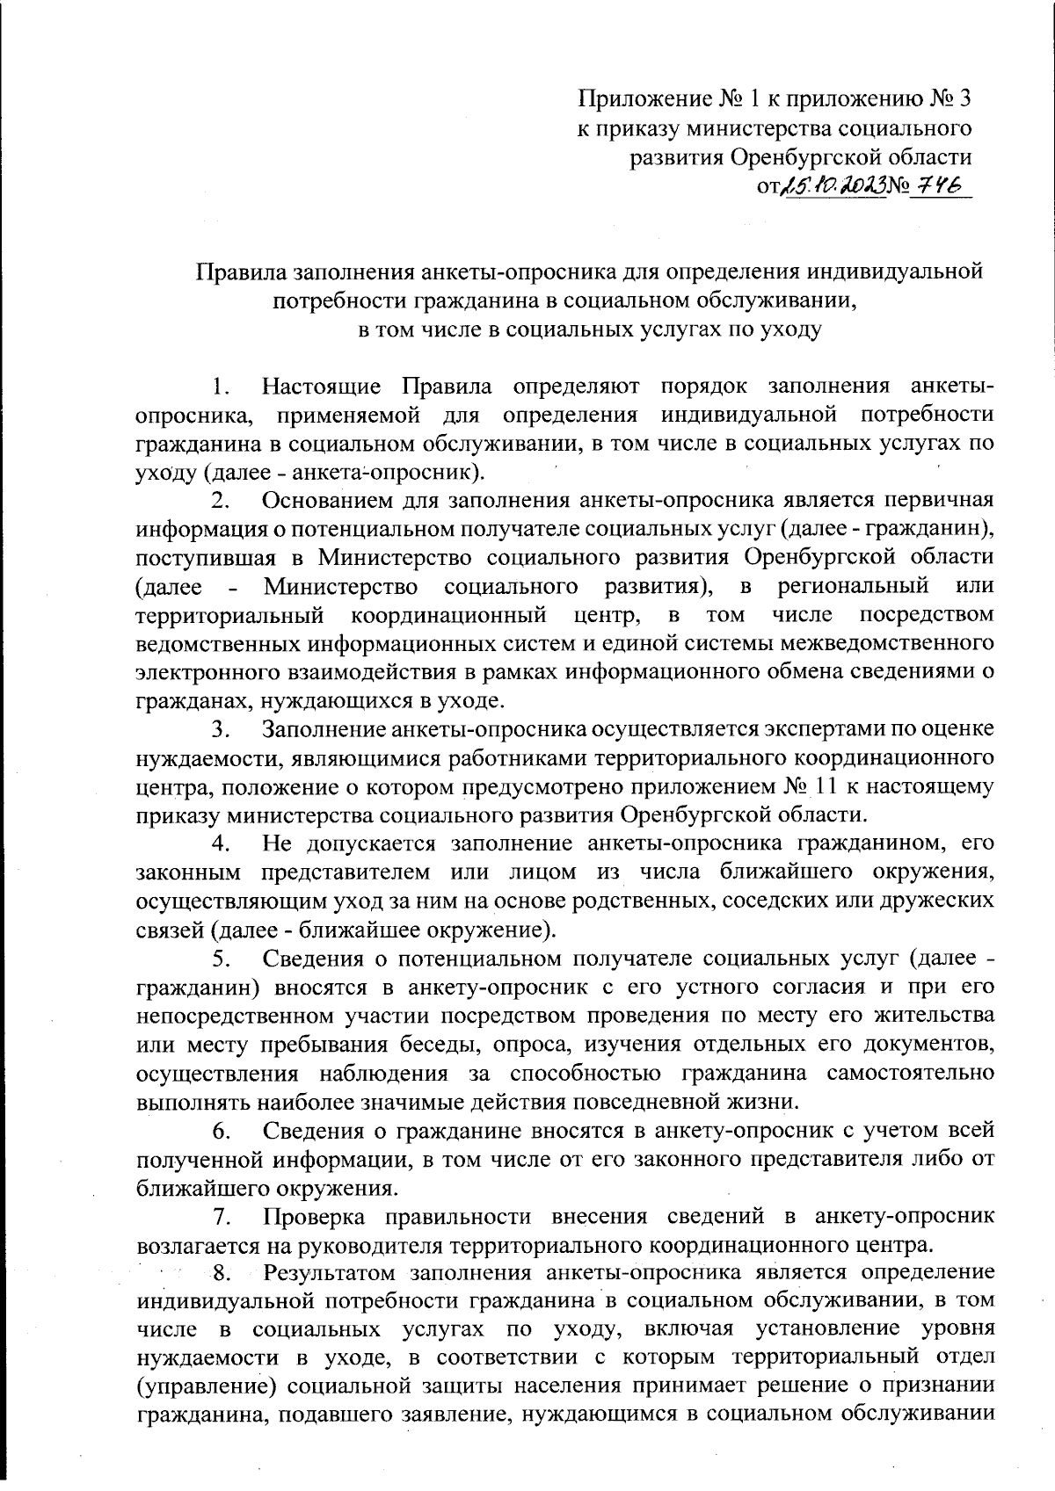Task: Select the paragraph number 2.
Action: point(221,500)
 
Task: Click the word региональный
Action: point(853,585)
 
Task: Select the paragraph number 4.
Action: point(221,843)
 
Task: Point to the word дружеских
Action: point(940,901)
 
